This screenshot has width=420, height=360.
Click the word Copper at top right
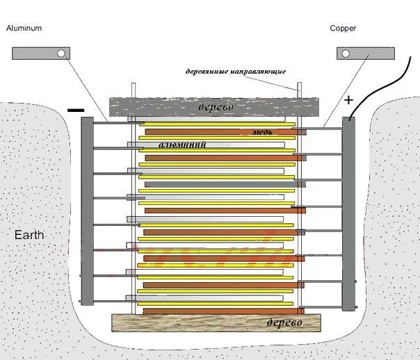click(343, 28)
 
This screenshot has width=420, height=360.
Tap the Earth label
click(30, 236)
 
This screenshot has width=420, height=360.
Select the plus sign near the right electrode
click(349, 100)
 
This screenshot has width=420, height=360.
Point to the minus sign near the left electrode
click(76, 110)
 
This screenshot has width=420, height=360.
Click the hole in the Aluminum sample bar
click(62, 54)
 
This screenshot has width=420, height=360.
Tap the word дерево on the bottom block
click(284, 324)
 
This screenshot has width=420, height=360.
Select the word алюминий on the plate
click(176, 145)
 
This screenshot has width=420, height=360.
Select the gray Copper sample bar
click(365, 54)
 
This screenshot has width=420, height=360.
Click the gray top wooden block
click(139, 108)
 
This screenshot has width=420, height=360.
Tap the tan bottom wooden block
click(174, 324)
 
